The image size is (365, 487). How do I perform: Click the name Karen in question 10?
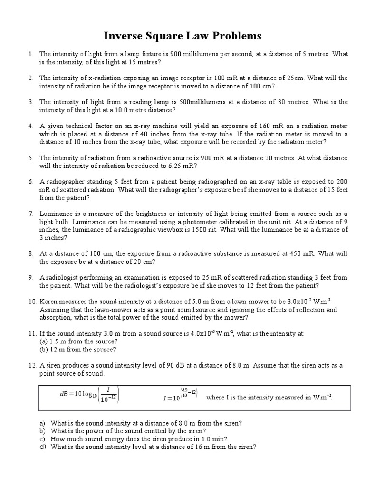[49, 302]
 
